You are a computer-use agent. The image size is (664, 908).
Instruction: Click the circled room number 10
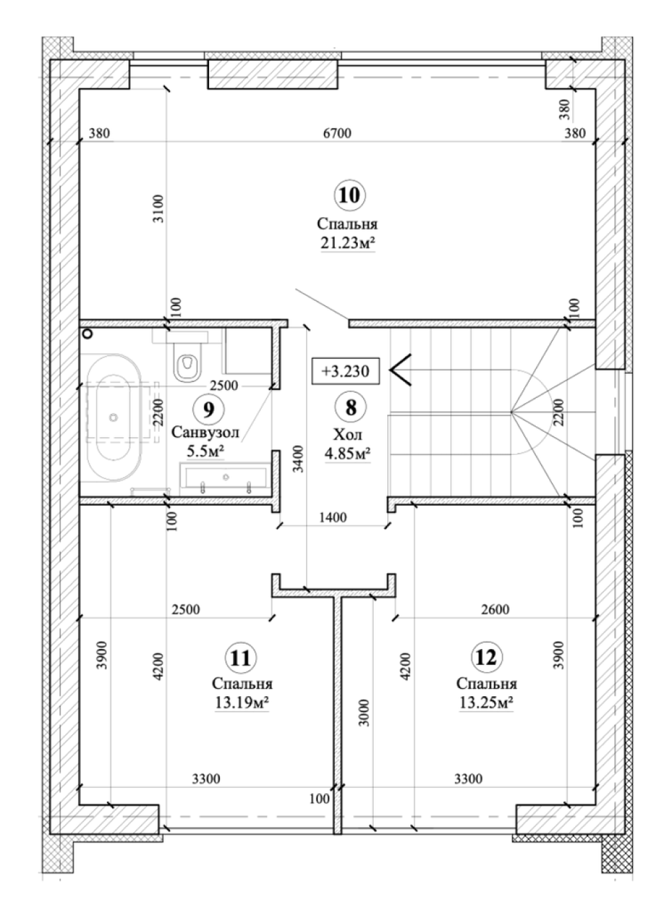click(x=349, y=195)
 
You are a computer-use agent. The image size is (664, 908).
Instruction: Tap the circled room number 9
click(x=208, y=410)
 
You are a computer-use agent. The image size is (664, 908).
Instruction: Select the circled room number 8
click(x=351, y=407)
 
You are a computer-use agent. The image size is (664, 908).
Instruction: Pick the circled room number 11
click(x=240, y=658)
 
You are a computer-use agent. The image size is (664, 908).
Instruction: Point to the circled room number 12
click(x=486, y=657)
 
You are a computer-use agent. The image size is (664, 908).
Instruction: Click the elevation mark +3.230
click(x=345, y=371)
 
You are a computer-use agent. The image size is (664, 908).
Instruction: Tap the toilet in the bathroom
click(x=187, y=361)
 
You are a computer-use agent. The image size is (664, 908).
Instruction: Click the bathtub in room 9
click(x=115, y=418)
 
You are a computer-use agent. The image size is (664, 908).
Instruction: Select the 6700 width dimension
click(x=337, y=133)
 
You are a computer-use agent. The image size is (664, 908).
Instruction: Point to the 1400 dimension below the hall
click(x=333, y=517)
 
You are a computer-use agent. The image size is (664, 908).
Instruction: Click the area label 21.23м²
click(x=347, y=243)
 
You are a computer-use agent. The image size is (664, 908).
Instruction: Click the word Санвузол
click(x=205, y=432)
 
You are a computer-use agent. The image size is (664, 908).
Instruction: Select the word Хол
click(x=347, y=435)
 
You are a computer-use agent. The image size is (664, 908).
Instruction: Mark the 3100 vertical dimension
click(x=159, y=209)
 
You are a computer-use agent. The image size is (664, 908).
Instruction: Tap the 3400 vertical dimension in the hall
click(x=298, y=459)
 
